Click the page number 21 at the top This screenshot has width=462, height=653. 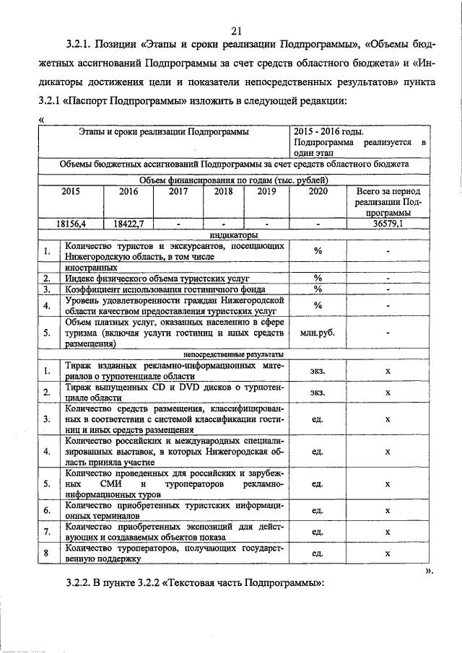(235, 30)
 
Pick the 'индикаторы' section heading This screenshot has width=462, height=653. (233, 235)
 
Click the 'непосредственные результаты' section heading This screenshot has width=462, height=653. (233, 355)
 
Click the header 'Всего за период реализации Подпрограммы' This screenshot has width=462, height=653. (388, 203)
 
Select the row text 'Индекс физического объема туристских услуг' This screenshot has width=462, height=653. (157, 278)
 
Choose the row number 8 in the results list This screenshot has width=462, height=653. (46, 554)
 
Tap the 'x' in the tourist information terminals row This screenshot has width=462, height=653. (388, 511)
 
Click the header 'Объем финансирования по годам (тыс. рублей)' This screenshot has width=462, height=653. (233, 180)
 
